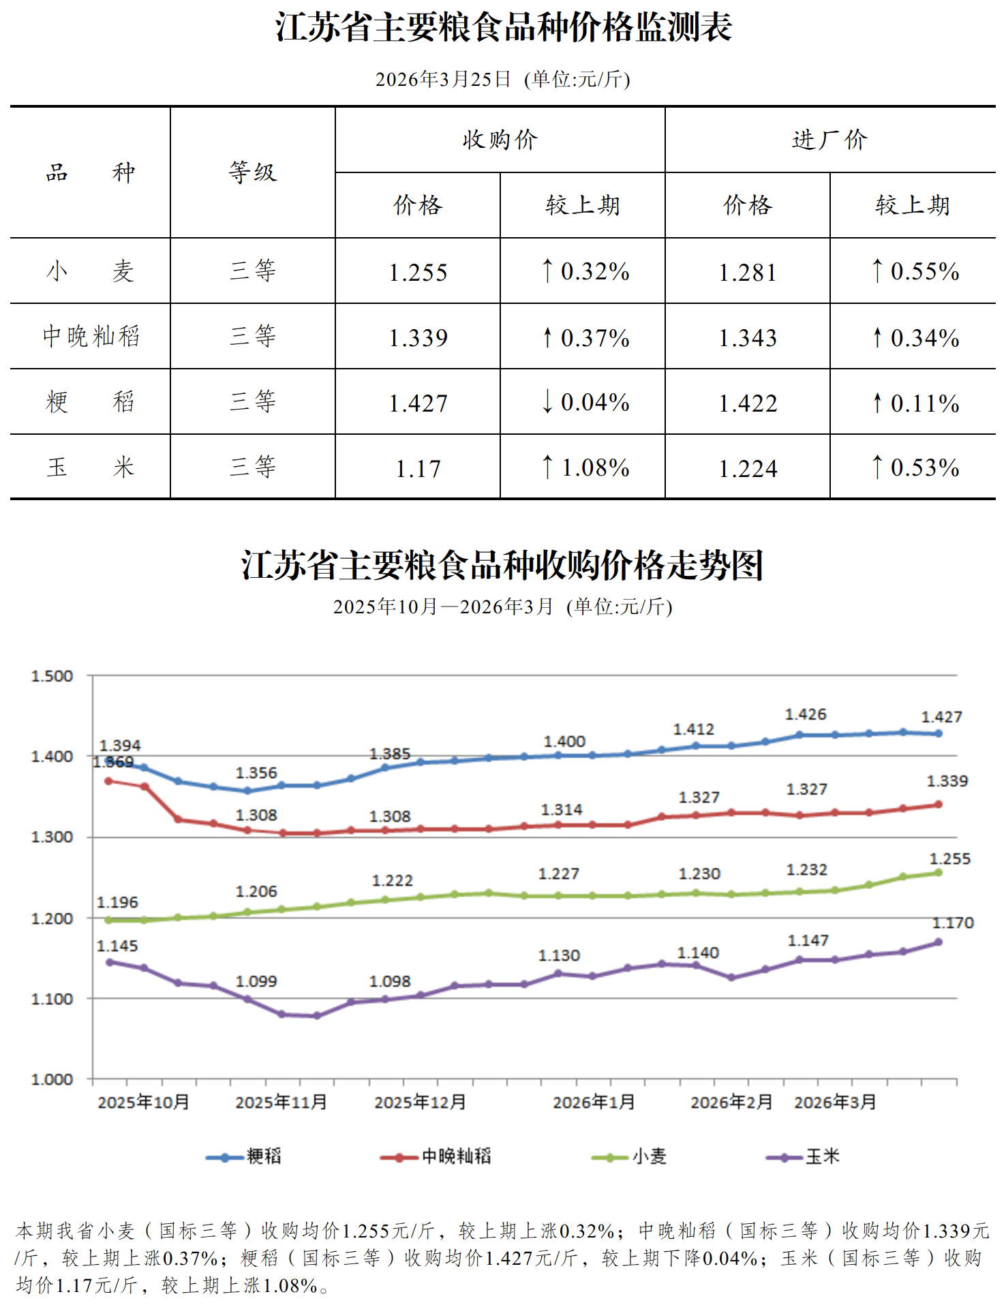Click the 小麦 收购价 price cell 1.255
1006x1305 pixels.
(x=418, y=273)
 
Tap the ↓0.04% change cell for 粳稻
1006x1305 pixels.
(x=583, y=403)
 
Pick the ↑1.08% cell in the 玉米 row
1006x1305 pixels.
(x=583, y=468)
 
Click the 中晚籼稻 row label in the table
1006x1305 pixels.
(x=91, y=337)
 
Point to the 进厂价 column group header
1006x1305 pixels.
(x=829, y=140)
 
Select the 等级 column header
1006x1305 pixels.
(x=252, y=172)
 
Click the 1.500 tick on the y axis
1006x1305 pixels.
(x=52, y=677)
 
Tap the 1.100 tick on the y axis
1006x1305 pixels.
(x=52, y=1000)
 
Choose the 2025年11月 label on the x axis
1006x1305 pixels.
(x=281, y=1103)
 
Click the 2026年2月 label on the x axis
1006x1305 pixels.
(x=731, y=1103)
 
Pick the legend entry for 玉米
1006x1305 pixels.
(x=804, y=1156)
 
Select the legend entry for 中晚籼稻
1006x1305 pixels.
(x=436, y=1156)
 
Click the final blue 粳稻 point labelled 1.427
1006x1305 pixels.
(x=939, y=734)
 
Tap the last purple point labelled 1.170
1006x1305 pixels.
(x=939, y=942)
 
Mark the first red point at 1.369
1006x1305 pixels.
(x=108, y=781)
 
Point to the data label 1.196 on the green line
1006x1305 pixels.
(x=117, y=903)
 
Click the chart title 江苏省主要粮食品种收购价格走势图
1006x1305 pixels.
(x=502, y=566)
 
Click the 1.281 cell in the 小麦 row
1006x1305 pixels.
(x=748, y=273)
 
